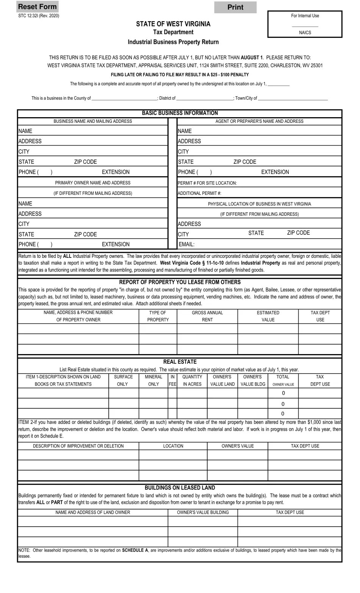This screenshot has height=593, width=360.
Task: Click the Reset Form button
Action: pos(37,6)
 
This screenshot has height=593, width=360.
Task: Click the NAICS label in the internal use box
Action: pos(305,33)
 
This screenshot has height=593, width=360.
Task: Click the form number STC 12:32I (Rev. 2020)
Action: pos(39,16)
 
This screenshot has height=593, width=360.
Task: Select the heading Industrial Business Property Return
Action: pos(173,42)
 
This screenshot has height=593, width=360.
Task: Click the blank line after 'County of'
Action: pos(125,98)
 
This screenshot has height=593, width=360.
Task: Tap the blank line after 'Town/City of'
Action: pos(293,98)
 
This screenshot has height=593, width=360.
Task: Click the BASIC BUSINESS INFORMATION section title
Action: pos(180,113)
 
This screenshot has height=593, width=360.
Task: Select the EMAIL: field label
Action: pos(186,245)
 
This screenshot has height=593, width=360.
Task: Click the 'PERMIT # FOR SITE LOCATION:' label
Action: pos(207,183)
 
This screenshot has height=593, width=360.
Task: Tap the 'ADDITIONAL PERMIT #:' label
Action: pos(199,193)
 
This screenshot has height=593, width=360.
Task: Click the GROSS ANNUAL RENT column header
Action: pos(207,316)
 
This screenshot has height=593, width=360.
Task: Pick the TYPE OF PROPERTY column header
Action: pos(158,316)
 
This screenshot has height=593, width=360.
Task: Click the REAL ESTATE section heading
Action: pos(180,362)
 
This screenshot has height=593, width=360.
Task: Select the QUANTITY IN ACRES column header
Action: pos(192,380)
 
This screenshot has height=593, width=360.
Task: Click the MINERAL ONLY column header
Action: pos(153,380)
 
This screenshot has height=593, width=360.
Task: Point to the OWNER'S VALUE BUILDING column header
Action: pos(203,512)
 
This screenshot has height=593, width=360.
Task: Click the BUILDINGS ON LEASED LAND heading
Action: pos(180,488)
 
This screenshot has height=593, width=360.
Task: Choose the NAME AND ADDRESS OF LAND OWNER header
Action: pos(92,512)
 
